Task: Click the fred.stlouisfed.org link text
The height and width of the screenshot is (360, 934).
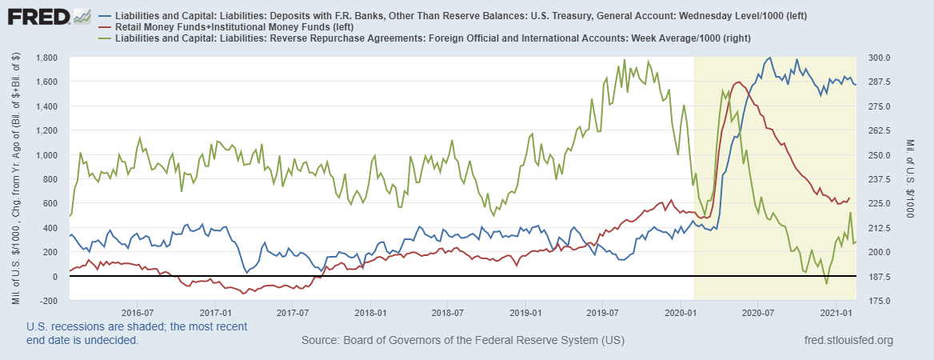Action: click(847, 342)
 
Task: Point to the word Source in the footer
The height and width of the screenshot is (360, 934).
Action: click(322, 342)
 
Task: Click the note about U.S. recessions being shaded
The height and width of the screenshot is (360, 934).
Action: click(136, 334)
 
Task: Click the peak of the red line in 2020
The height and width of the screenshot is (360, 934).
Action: click(737, 82)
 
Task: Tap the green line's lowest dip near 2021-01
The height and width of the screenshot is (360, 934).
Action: click(826, 283)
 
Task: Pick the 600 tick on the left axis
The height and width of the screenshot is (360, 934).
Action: click(52, 203)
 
